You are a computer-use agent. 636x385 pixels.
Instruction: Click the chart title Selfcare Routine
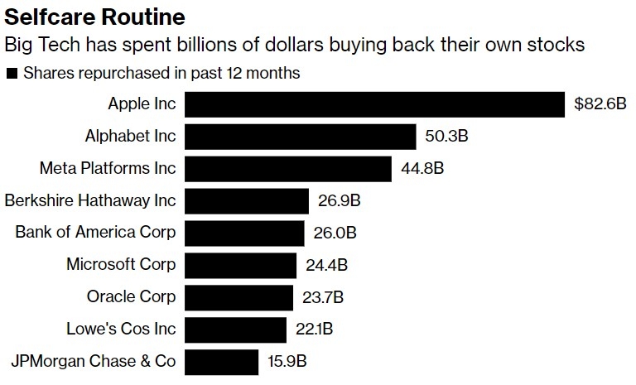point(95,17)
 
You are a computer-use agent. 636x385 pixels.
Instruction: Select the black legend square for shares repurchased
point(12,74)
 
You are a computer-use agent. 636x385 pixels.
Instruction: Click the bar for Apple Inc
point(375,104)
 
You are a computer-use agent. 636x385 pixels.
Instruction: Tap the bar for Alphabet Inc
point(300,137)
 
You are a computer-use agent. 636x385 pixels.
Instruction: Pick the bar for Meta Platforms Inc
point(287,169)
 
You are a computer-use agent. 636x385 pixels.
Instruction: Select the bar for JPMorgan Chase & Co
point(221,362)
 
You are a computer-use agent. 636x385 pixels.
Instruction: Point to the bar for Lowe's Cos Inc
point(235,330)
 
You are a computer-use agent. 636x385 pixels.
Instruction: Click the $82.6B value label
point(600,105)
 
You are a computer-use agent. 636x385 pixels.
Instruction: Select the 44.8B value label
point(422,169)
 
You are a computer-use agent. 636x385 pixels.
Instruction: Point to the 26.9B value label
point(338,201)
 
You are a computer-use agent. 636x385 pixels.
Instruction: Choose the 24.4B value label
point(325,265)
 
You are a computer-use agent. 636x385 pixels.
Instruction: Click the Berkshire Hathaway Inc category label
point(90,200)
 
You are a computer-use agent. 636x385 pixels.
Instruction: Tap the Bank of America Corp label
point(95,233)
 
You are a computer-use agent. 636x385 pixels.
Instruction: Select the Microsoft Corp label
point(121,265)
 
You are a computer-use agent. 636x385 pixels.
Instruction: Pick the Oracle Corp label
point(131,296)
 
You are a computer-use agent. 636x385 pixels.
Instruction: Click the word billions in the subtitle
point(255,45)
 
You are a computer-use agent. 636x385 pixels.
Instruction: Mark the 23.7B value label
point(323,297)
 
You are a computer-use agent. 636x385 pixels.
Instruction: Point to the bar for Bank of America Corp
point(244,233)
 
